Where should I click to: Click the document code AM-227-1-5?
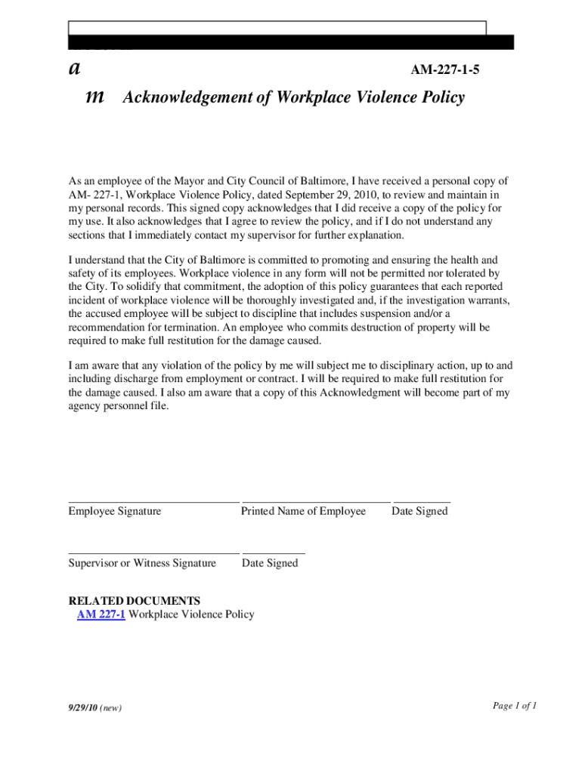[x=444, y=71]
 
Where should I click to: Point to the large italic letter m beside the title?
[x=96, y=97]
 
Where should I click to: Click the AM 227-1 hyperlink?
[x=101, y=614]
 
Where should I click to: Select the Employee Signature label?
[x=115, y=511]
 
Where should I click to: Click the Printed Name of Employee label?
[x=303, y=511]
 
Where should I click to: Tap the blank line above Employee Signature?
[x=153, y=501]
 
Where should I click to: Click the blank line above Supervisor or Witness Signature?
[x=153, y=553]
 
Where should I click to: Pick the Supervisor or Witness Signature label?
[x=142, y=563]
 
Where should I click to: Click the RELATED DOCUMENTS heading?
[x=135, y=601]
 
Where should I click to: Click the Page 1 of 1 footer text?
[x=515, y=706]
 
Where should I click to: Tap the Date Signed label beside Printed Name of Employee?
[x=419, y=511]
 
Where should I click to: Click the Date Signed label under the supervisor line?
[x=270, y=563]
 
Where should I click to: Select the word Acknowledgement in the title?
[x=188, y=97]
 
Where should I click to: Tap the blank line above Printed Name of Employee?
[x=316, y=501]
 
